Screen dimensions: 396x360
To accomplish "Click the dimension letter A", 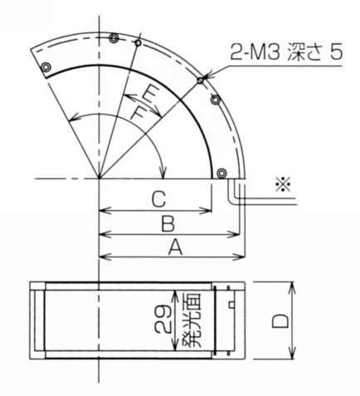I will click(174, 247).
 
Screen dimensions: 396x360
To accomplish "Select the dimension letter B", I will click(167, 225).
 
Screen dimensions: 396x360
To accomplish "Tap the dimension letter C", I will click(158, 200).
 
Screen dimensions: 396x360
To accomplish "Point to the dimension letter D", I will click(280, 320).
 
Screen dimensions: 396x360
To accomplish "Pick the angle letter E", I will click(148, 92).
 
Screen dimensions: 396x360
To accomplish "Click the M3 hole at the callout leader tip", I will click(201, 80).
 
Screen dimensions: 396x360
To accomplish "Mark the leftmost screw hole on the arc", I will click(46, 67).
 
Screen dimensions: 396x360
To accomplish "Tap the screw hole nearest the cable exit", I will click(221, 173).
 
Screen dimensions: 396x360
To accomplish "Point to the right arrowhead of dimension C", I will click(211, 211).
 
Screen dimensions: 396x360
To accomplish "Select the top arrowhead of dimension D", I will click(293, 286).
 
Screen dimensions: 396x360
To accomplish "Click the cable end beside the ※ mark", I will click(266, 199).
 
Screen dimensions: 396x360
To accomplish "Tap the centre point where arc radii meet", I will click(99, 178).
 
